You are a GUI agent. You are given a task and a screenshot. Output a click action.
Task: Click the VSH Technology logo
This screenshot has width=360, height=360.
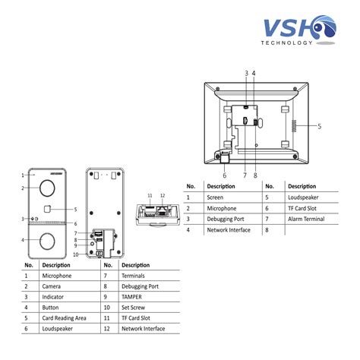coord(298,30)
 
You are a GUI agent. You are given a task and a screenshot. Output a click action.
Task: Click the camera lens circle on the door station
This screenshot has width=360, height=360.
coord(47,188)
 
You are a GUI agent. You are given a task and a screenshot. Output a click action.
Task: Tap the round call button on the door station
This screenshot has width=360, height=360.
coord(47,242)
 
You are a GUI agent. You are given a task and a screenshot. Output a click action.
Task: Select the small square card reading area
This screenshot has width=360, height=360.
coord(47,209)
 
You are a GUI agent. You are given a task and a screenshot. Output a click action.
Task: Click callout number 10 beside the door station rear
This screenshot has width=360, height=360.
coord(76,254)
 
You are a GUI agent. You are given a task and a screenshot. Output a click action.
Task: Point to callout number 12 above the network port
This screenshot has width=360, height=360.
coord(163,196)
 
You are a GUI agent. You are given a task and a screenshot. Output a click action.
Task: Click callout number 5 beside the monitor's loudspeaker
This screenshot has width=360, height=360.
coord(320,126)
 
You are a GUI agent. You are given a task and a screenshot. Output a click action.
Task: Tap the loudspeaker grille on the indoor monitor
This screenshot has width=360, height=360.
coord(294,125)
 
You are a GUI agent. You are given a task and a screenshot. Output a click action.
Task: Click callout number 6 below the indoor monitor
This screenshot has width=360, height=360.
coord(225,175)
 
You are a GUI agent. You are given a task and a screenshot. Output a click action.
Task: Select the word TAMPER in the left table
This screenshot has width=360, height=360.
coord(131,297)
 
